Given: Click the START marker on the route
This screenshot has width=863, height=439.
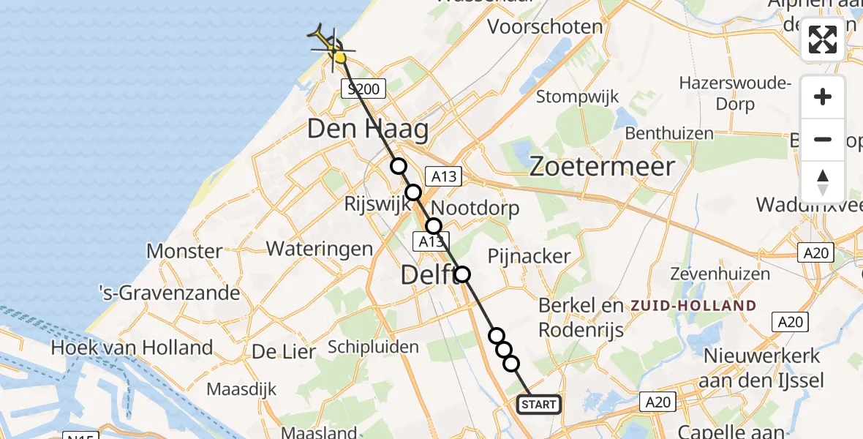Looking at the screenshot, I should (540, 404).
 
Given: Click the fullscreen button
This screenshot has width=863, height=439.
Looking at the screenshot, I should (823, 40).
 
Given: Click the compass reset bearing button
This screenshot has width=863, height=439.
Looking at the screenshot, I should (823, 182).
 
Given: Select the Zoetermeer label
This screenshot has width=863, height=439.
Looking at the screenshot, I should (601, 167).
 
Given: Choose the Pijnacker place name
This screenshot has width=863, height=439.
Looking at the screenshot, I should (529, 255).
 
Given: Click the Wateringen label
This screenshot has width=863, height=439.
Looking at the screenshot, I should (320, 248).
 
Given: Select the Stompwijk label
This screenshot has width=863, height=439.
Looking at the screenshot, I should (578, 96).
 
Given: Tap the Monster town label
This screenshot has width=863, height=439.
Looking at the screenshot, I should (184, 251).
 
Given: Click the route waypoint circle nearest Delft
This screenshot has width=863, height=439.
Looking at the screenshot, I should (462, 274).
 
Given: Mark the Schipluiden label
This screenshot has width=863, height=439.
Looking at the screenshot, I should (373, 346).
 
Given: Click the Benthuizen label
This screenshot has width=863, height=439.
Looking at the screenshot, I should (669, 133).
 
